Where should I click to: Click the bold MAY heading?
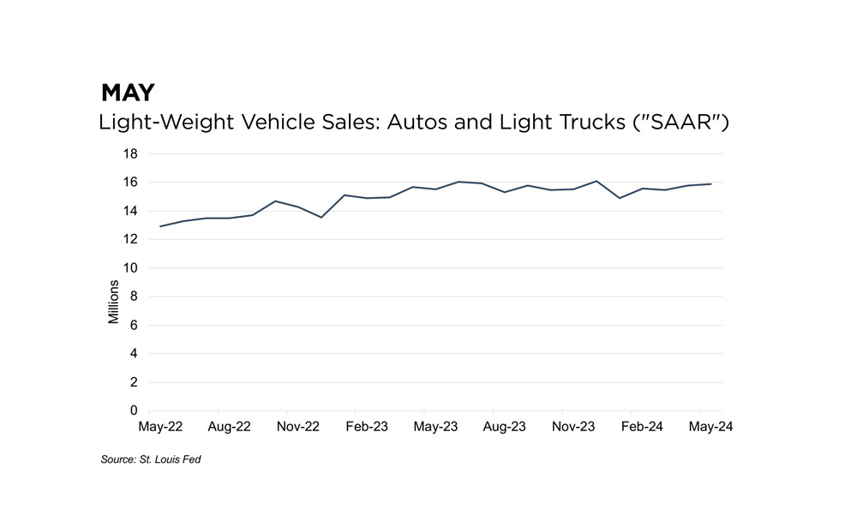[128, 92]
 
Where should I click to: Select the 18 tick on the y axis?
[130, 154]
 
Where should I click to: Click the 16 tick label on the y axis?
[130, 183]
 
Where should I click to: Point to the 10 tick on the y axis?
[130, 268]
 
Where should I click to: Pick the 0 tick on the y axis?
[134, 411]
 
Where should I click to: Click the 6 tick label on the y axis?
[134, 326]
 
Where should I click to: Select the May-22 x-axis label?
[160, 426]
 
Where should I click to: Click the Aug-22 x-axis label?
[230, 426]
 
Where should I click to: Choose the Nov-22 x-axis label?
[298, 426]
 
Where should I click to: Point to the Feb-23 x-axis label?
[367, 426]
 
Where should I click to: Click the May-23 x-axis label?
[435, 426]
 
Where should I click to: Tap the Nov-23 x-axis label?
[573, 426]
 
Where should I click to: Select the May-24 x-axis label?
[710, 426]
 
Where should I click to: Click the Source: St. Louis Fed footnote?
[151, 460]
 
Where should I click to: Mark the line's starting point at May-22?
[160, 226]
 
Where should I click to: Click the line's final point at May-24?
[710, 183]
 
